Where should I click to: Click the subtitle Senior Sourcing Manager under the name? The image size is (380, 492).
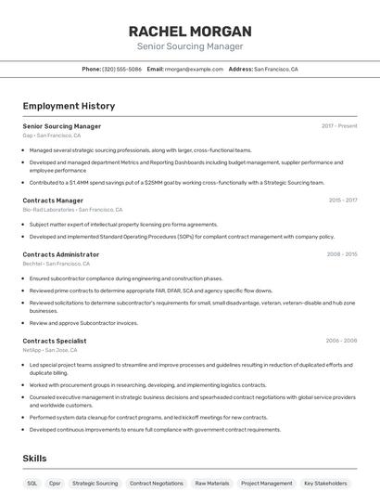coord(189,45)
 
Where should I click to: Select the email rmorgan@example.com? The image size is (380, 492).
coord(195,69)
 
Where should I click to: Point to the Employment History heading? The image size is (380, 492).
coord(69,106)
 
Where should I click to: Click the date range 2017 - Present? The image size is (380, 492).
coord(339,125)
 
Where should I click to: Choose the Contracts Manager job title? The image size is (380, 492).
coord(53,200)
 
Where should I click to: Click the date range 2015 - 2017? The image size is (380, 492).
coord(342,200)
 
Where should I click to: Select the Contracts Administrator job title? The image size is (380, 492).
coord(60,253)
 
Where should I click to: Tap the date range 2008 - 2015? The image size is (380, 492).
coord(341,253)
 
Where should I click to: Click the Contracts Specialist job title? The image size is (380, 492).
coord(55,341)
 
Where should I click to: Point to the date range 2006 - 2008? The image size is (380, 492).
coord(341,341)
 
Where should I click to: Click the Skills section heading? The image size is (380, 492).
coord(34,459)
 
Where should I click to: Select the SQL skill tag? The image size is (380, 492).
coord(32,483)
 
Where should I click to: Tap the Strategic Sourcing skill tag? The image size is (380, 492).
coord(95,483)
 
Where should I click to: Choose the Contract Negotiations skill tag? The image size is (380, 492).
coord(156,483)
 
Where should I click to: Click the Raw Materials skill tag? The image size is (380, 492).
coord(211,483)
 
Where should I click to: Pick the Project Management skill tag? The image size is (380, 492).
coord(266,483)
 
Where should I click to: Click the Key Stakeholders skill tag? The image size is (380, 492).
coord(324,483)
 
